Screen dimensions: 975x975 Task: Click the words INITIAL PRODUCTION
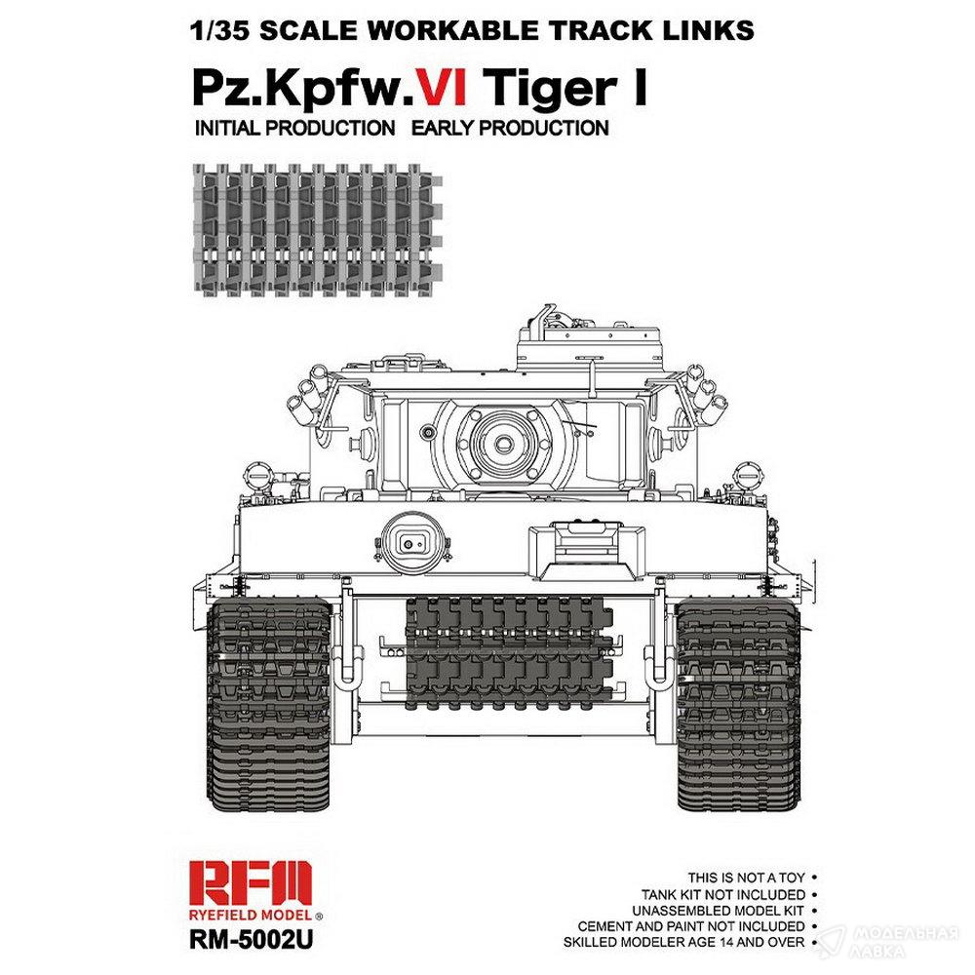tap(294, 128)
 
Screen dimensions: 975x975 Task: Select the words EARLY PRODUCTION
tap(510, 128)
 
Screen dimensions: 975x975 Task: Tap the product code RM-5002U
tap(251, 939)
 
